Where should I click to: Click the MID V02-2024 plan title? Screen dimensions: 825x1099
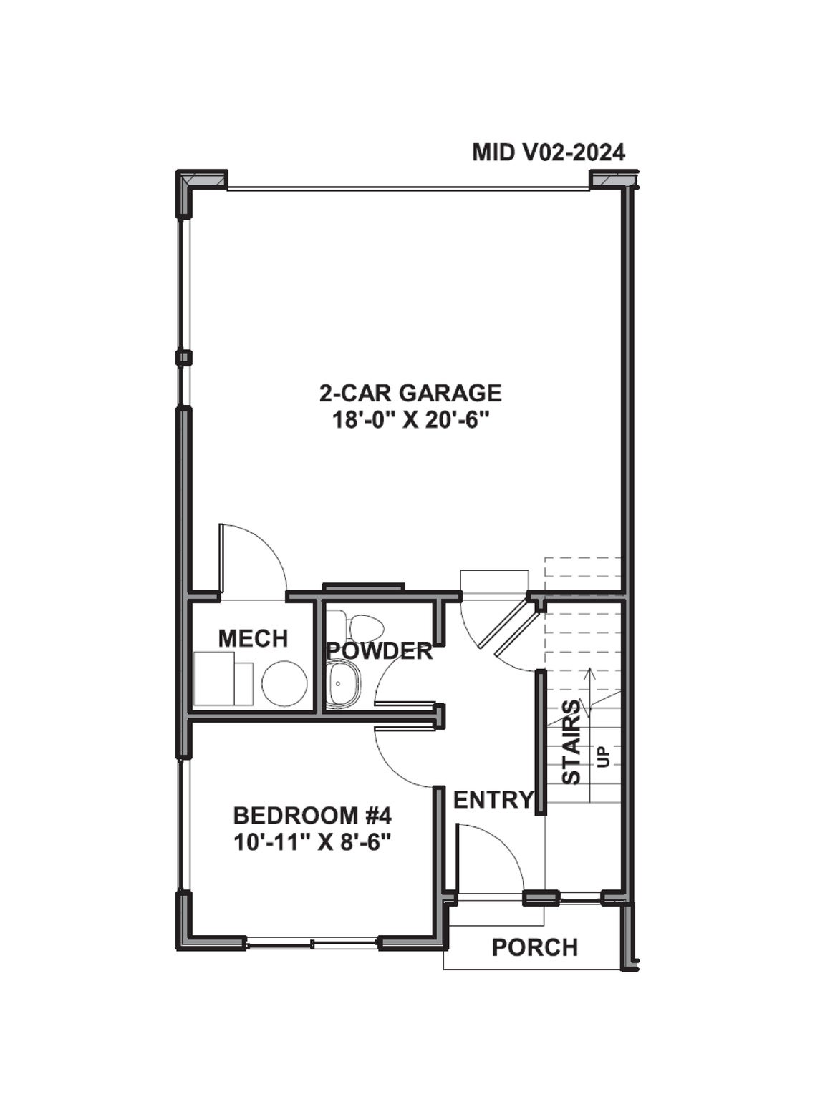(549, 152)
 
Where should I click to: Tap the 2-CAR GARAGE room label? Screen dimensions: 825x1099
(410, 393)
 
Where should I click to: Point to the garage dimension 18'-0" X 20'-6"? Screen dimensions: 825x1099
(410, 420)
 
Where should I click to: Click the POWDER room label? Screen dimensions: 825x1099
(379, 651)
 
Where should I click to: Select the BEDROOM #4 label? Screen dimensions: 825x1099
(312, 816)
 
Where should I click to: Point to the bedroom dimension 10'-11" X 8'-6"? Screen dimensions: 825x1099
(312, 843)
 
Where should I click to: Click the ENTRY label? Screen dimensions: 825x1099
(492, 800)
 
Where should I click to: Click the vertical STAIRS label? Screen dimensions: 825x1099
(571, 742)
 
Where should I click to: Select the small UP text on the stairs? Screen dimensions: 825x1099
(602, 757)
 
